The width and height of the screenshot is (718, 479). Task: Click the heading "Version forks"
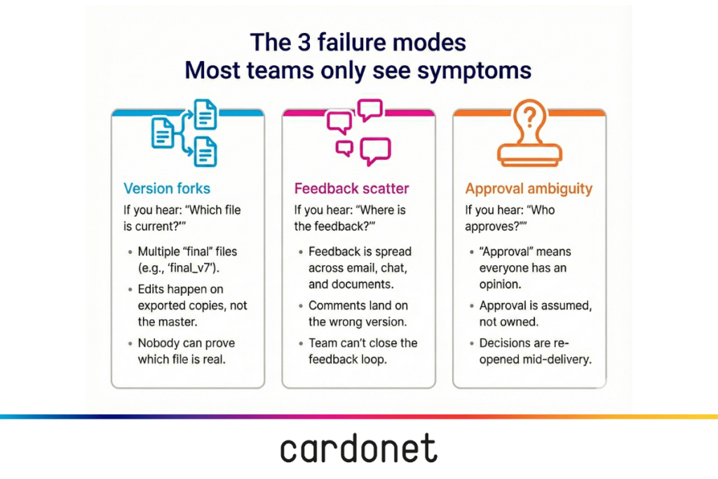click(x=167, y=188)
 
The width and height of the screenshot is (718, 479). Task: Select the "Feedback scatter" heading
click(x=351, y=188)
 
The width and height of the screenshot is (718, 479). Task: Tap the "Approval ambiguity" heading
click(x=529, y=188)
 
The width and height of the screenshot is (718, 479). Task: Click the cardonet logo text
click(x=358, y=450)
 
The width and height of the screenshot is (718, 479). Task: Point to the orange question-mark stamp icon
click(x=529, y=133)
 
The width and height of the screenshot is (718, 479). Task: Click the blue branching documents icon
click(x=185, y=133)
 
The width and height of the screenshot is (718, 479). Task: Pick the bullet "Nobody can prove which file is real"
click(x=186, y=351)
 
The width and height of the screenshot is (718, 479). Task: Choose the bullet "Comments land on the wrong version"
click(x=358, y=313)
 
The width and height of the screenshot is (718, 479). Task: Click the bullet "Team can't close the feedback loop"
click(x=363, y=351)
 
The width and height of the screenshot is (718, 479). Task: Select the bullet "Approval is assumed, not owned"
click(x=534, y=313)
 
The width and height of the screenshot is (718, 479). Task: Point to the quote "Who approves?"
click(x=519, y=218)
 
